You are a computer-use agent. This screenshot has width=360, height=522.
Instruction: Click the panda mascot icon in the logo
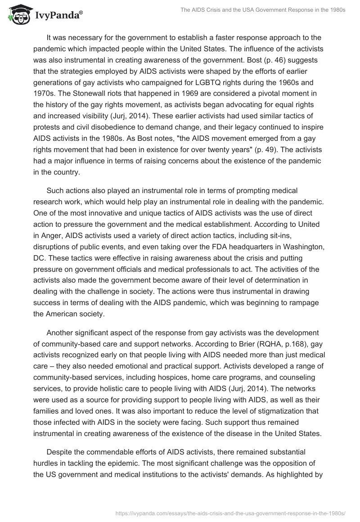pos(17,15)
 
